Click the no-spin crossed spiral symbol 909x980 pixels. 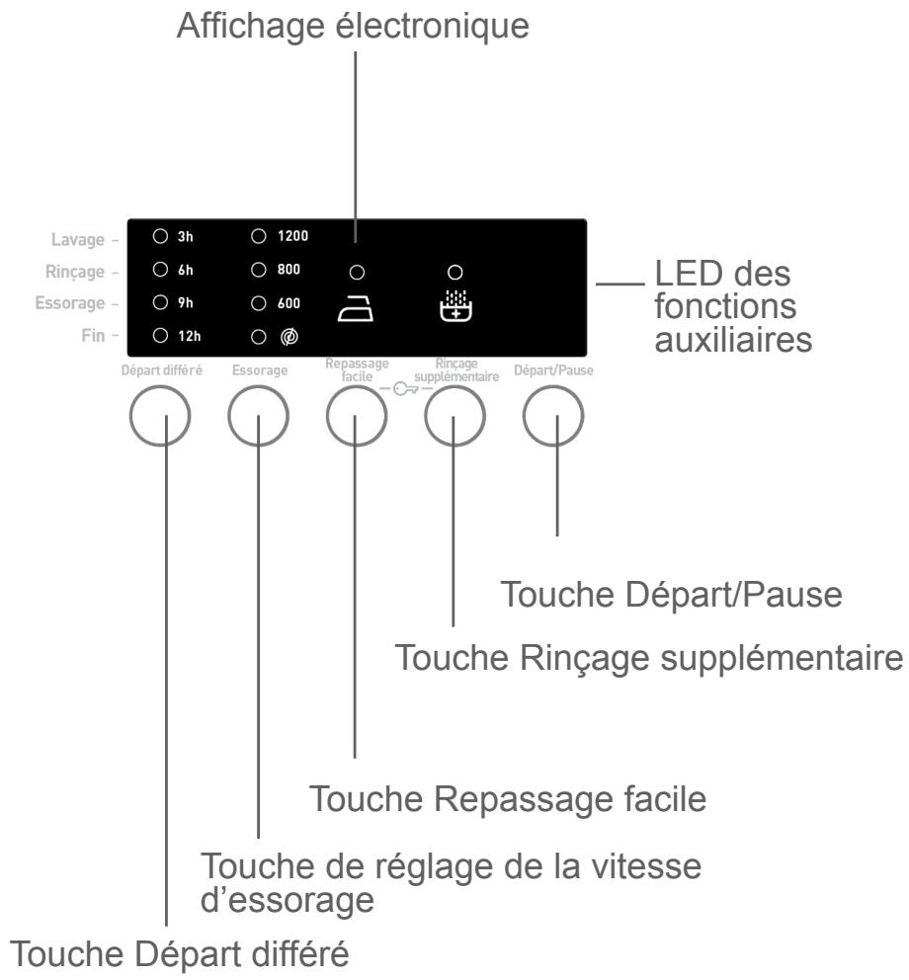click(x=289, y=337)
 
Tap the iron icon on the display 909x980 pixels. click(x=356, y=309)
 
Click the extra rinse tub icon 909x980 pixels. click(x=455, y=305)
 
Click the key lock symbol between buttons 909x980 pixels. click(x=406, y=389)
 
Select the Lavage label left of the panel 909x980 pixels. click(x=77, y=240)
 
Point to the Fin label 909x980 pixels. click(x=93, y=336)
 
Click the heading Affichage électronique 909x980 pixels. click(x=353, y=27)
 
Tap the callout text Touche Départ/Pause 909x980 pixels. click(x=672, y=595)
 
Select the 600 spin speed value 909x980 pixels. click(x=289, y=303)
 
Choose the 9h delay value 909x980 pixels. click(x=186, y=303)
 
